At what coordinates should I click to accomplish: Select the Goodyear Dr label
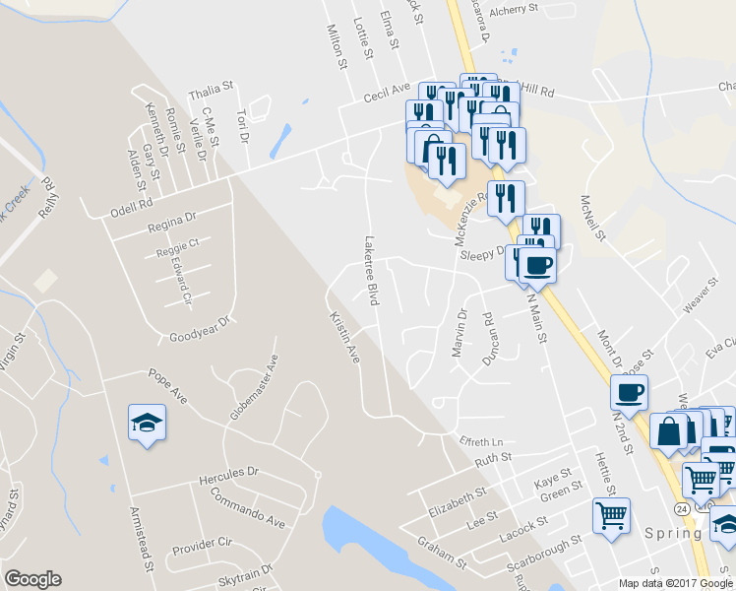coord(199,328)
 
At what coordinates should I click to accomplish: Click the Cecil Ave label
coord(386,91)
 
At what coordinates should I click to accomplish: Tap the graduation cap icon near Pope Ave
coord(147,424)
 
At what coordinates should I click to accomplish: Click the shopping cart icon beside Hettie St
coord(611,514)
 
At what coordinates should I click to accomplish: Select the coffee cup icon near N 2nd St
coord(629,393)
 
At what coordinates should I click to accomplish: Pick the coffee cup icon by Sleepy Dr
coord(537,263)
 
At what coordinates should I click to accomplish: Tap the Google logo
coord(33,579)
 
